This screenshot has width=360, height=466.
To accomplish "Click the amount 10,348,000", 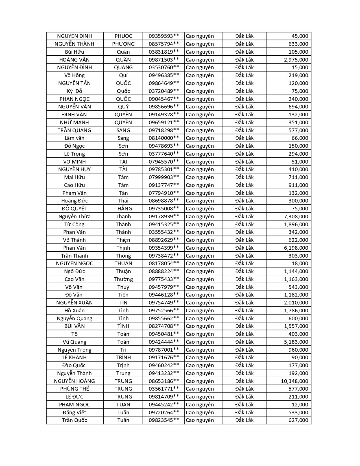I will coord(294,381).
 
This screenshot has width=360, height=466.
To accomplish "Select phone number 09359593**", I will coord(164,36).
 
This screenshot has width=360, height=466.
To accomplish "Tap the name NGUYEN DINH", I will coord(75,36).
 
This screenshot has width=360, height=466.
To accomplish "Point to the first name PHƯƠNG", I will coord(123,44).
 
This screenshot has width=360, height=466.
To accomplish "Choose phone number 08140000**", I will coord(164,138).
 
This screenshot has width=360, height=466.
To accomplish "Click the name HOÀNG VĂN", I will coord(75,60).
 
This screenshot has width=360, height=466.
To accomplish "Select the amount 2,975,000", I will coord(296,60).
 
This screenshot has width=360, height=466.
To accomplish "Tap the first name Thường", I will coord(123,279).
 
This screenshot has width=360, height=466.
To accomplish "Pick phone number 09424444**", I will coord(164,342).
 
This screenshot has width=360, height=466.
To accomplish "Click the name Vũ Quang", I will coord(75,342).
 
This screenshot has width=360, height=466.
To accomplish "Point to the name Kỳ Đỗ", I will coord(75,91).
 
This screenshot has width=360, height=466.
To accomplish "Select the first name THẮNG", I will coord(123,209).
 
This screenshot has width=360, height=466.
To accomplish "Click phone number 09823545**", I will coord(164,420).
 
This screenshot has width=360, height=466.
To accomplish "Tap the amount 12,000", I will coord(300,405).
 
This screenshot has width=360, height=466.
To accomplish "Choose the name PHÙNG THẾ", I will coord(75,389).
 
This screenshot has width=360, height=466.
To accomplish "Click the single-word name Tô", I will coord(75,334).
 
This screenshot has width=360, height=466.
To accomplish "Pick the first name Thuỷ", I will coord(123,287).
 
